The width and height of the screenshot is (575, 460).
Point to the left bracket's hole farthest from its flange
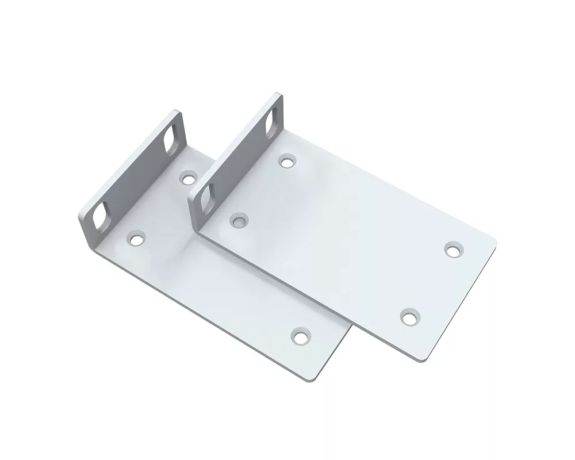pos(300,336)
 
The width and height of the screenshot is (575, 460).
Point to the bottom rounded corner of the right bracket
pos(423,359)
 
